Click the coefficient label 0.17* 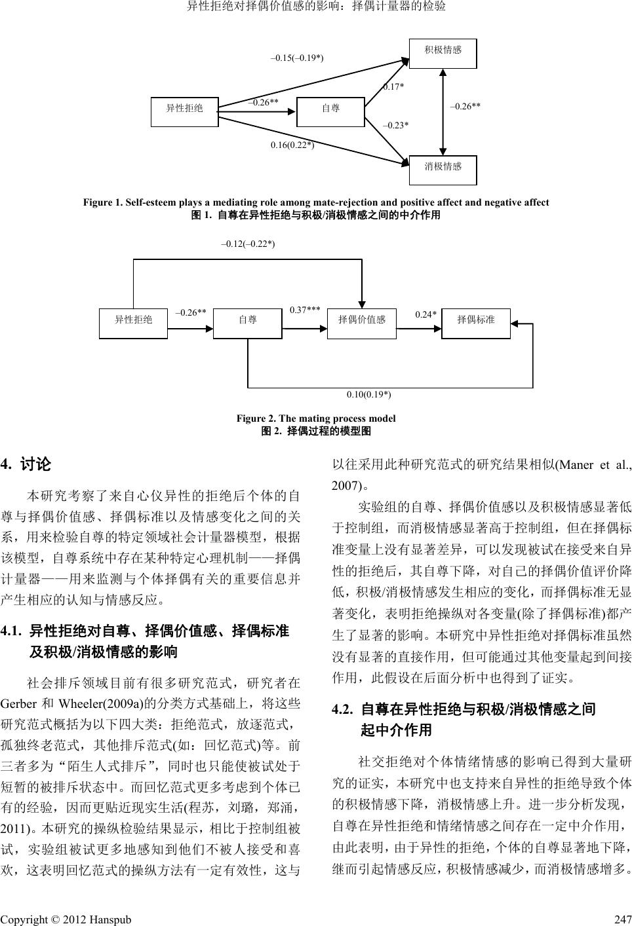[393, 86]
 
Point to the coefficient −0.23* [395, 124]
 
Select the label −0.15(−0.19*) [298, 58]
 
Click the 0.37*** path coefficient [304, 309]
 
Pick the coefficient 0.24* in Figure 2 [425, 314]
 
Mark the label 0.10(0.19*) [369, 394]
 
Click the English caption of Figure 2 [316, 418]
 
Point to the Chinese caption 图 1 [315, 214]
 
